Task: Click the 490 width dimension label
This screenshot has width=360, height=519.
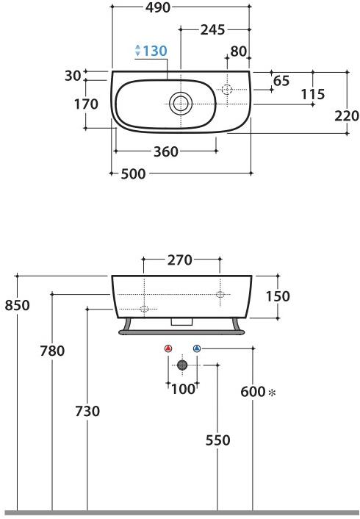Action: pos(158,7)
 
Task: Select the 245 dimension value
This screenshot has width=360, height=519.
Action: pos(213,30)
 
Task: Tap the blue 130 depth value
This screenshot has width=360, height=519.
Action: pos(155,51)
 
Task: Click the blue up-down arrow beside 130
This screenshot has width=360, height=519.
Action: pos(138,50)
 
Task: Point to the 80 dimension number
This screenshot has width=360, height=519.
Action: pos(239,51)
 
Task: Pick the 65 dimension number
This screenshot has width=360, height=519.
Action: pos(281,81)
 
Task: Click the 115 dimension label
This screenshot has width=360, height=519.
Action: pos(313,94)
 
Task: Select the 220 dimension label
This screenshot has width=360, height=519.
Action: pos(347,116)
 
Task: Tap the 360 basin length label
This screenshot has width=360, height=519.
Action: pos(166,152)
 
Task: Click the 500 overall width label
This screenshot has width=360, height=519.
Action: pos(133,173)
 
